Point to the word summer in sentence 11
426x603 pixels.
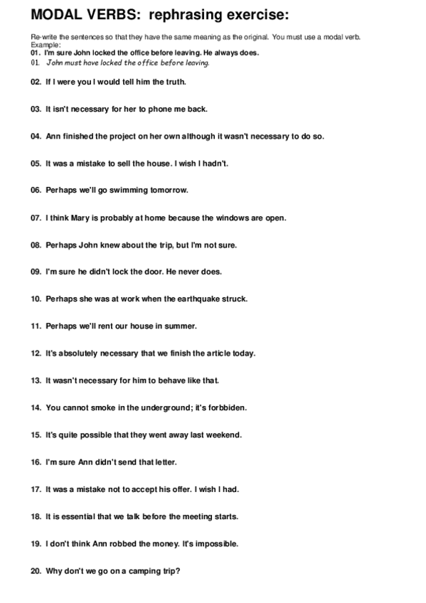[x=182, y=326]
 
